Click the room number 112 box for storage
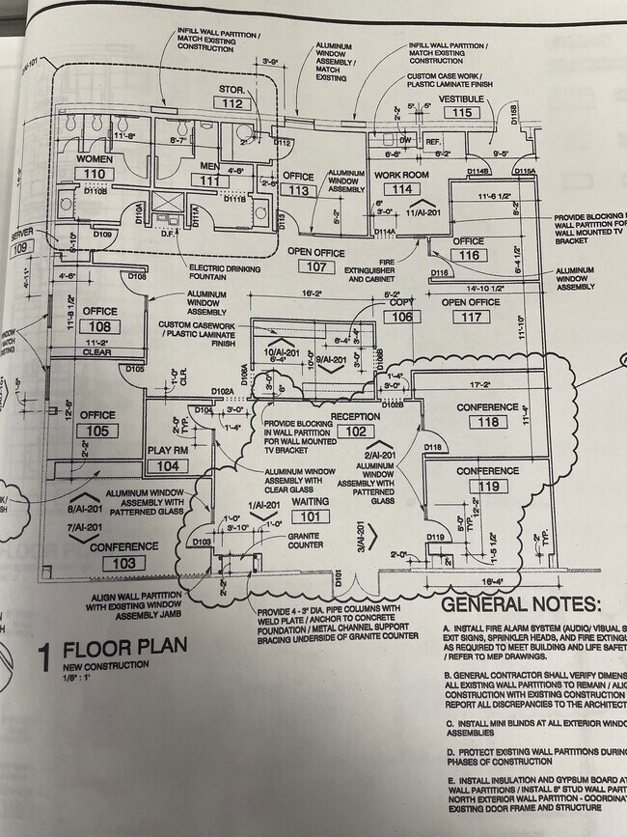pyautogui.click(x=232, y=103)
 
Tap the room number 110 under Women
pyautogui.click(x=94, y=174)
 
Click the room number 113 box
pyautogui.click(x=299, y=190)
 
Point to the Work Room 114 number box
pyautogui.click(x=401, y=189)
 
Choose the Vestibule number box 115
pyautogui.click(x=463, y=113)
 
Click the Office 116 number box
pyautogui.click(x=470, y=255)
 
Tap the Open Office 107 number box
pyautogui.click(x=315, y=266)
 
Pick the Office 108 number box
pyautogui.click(x=99, y=326)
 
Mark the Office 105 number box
pyautogui.click(x=97, y=431)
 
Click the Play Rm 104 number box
pyautogui.click(x=168, y=466)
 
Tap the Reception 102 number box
pyautogui.click(x=356, y=432)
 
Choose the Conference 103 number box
pyautogui.click(x=123, y=563)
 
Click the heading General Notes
pyautogui.click(x=520, y=605)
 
